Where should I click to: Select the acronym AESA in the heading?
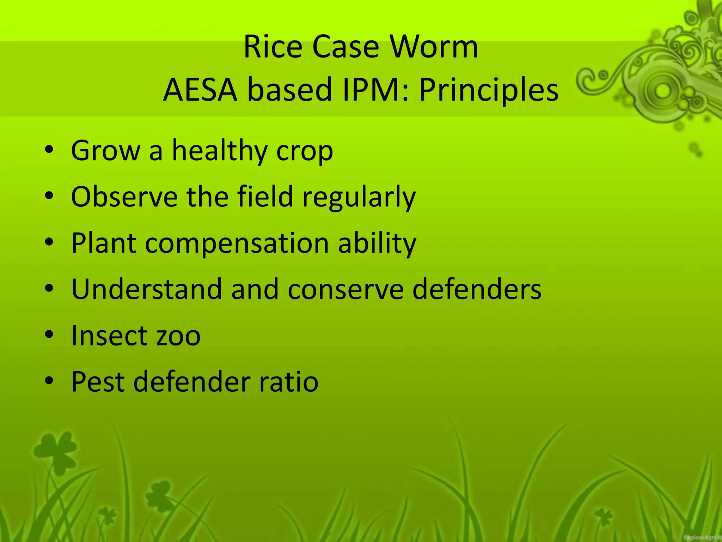[x=200, y=90]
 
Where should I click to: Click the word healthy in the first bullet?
[x=219, y=151]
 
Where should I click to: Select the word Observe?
[x=124, y=197]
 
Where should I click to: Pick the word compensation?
[x=237, y=243]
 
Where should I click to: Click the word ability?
[x=377, y=243]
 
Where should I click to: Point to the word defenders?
[x=477, y=289]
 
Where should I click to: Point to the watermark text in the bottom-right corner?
[x=702, y=537]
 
